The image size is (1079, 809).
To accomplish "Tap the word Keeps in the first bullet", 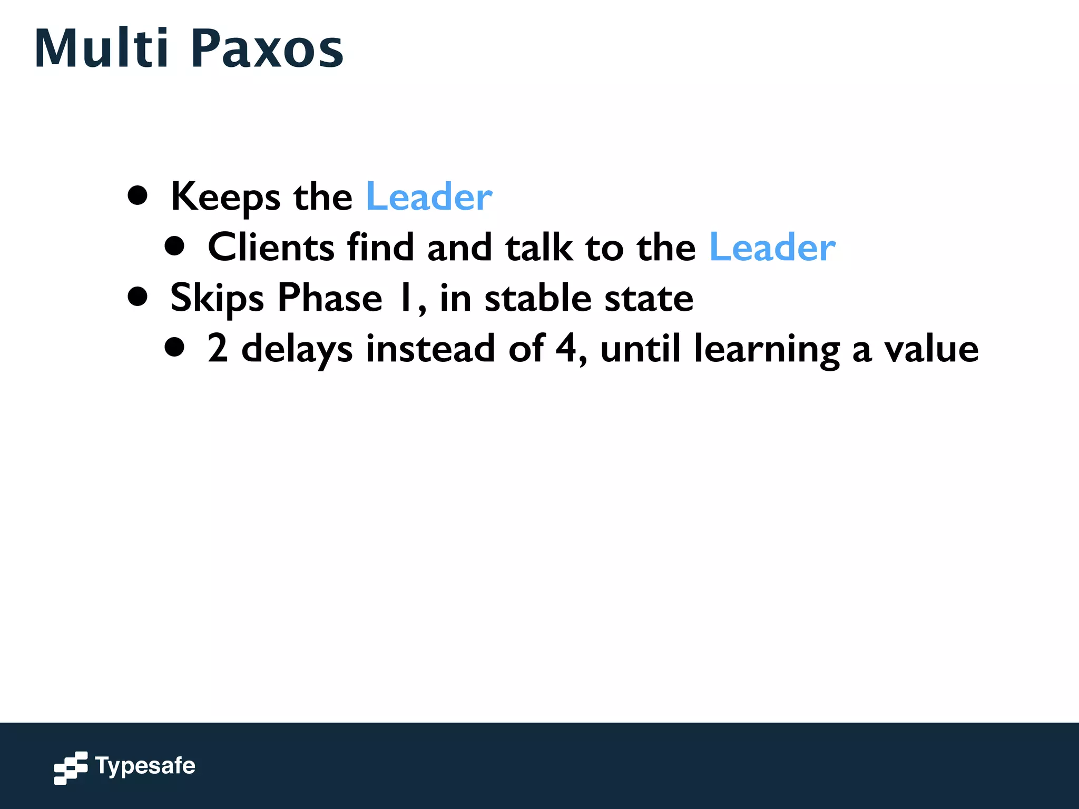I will [225, 197].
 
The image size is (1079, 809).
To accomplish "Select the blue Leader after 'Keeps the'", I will [429, 197].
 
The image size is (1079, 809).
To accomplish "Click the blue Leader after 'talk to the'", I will [772, 247].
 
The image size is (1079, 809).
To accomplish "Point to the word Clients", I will [271, 247].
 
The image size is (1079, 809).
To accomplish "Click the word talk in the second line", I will [538, 247].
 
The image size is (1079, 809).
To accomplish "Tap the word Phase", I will [330, 298].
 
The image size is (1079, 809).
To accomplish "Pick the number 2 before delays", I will [218, 349].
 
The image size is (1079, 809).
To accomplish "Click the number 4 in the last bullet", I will [566, 349].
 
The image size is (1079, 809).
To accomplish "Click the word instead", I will [430, 349].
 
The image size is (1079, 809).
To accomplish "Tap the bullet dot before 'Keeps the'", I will [138, 195].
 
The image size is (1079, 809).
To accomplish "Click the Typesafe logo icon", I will [71, 767].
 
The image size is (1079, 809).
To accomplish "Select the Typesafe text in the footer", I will [145, 766].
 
